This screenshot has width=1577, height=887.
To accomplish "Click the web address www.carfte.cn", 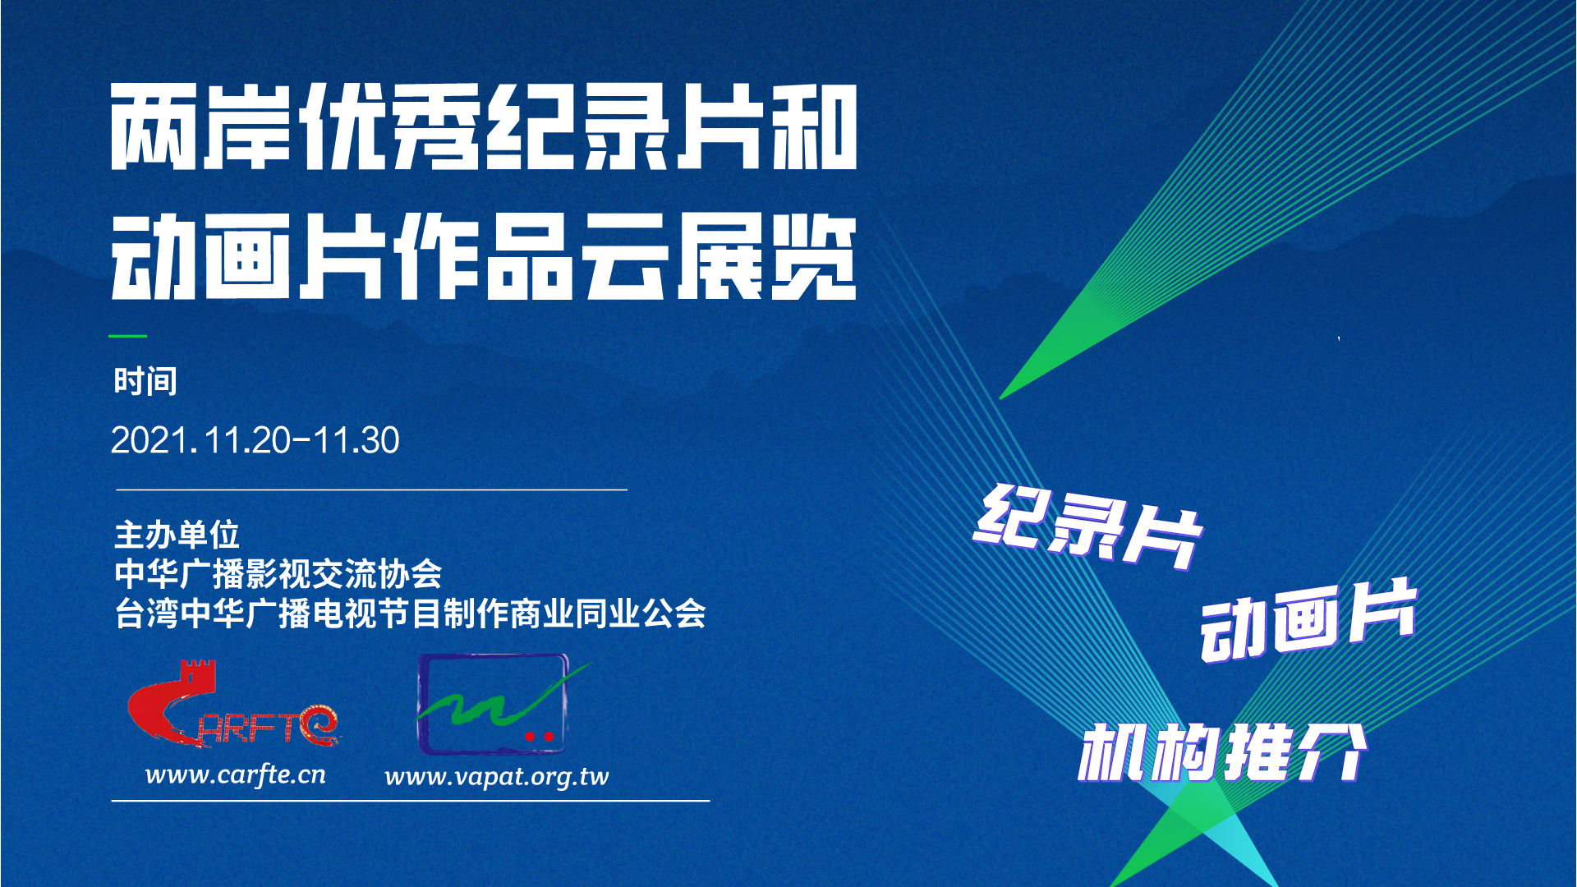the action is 236,774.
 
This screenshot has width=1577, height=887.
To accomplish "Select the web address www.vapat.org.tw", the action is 497,777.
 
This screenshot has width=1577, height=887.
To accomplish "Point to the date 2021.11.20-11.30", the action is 255,440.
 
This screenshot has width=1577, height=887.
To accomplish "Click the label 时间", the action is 145,381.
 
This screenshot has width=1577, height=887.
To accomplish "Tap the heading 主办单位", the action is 177,535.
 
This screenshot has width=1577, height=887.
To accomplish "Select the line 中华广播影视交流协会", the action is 278,573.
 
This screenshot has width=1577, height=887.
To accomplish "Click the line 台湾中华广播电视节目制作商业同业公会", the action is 410,613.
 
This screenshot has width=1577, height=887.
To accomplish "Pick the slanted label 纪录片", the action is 1088,526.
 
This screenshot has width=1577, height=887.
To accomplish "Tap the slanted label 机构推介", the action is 1222,752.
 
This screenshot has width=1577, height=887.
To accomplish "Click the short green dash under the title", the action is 128,336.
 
